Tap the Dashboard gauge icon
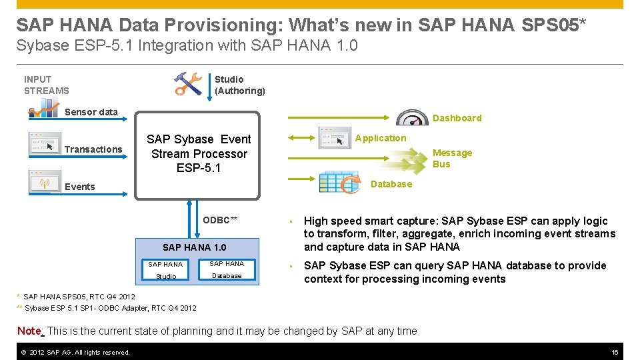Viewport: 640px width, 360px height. tap(412, 117)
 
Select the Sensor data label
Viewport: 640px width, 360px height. tap(91, 112)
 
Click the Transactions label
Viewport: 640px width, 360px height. tap(93, 149)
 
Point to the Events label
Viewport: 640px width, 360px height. tap(80, 187)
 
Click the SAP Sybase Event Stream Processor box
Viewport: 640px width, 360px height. tap(198, 154)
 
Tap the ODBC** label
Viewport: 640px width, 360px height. tap(220, 220)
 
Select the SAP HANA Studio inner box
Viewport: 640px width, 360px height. tap(166, 270)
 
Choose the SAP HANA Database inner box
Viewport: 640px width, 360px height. tap(227, 269)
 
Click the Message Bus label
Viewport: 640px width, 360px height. tap(452, 159)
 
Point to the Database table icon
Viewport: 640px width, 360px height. tap(340, 183)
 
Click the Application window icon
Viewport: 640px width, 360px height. tap(335, 138)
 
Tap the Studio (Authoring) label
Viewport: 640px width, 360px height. tap(239, 85)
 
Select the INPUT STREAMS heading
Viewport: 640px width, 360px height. tap(46, 85)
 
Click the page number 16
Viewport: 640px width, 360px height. tap(615, 352)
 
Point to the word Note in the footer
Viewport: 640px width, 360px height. tap(29, 331)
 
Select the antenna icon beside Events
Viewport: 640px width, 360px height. tap(45, 181)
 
